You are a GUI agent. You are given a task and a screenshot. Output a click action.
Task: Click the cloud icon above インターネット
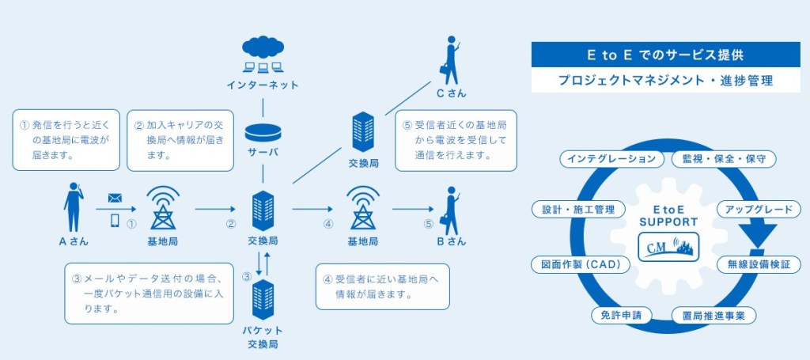(x=263, y=48)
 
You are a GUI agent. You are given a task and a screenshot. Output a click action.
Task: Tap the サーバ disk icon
(x=263, y=131)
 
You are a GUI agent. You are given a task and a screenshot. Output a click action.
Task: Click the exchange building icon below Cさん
(x=363, y=131)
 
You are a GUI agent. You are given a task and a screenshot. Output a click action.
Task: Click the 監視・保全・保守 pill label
(x=724, y=159)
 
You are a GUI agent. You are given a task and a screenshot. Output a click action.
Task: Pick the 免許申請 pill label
(x=621, y=315)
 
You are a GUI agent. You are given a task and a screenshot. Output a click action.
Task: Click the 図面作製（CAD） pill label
(x=581, y=263)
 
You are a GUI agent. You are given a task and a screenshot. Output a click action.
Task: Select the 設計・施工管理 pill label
(x=579, y=210)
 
